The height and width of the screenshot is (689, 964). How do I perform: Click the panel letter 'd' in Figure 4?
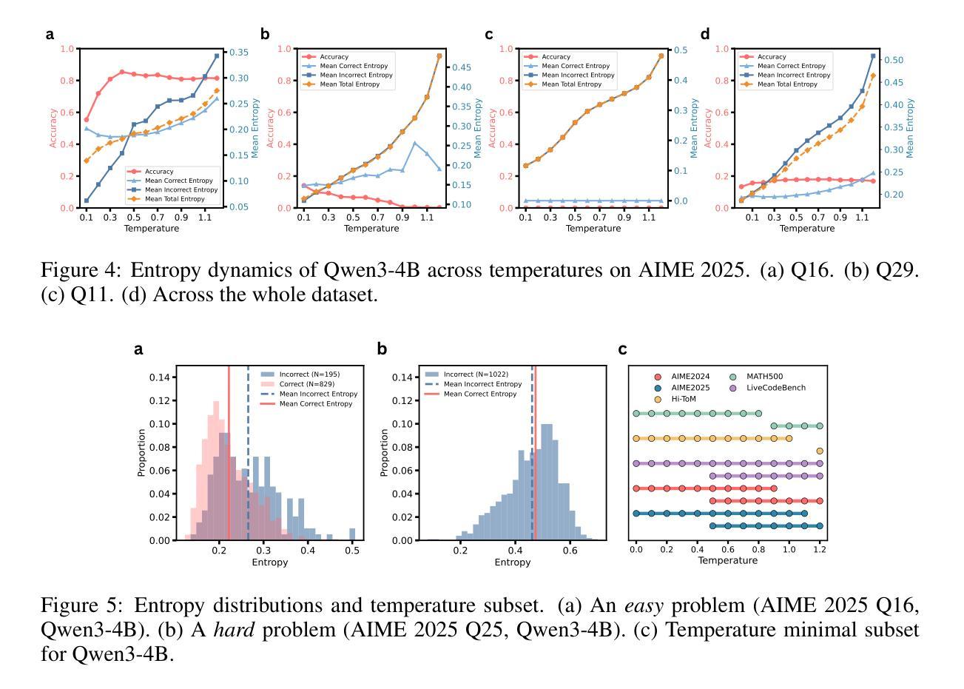click(x=705, y=34)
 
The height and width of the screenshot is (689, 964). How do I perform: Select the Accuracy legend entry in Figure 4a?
click(x=159, y=172)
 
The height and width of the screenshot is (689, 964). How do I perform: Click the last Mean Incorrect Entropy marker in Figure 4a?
click(x=217, y=56)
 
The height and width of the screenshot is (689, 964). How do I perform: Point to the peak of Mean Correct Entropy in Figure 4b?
click(x=414, y=143)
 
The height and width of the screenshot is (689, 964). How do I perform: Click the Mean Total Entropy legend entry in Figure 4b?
click(x=351, y=84)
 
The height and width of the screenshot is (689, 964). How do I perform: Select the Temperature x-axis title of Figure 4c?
click(x=593, y=229)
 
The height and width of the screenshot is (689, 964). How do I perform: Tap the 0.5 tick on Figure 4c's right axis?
click(x=678, y=50)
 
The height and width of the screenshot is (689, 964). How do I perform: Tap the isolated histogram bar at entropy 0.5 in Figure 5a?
click(x=352, y=534)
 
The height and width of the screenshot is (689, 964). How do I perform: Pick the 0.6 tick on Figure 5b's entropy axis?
click(x=570, y=551)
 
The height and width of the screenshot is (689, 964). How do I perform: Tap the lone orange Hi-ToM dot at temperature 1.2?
click(x=820, y=451)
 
